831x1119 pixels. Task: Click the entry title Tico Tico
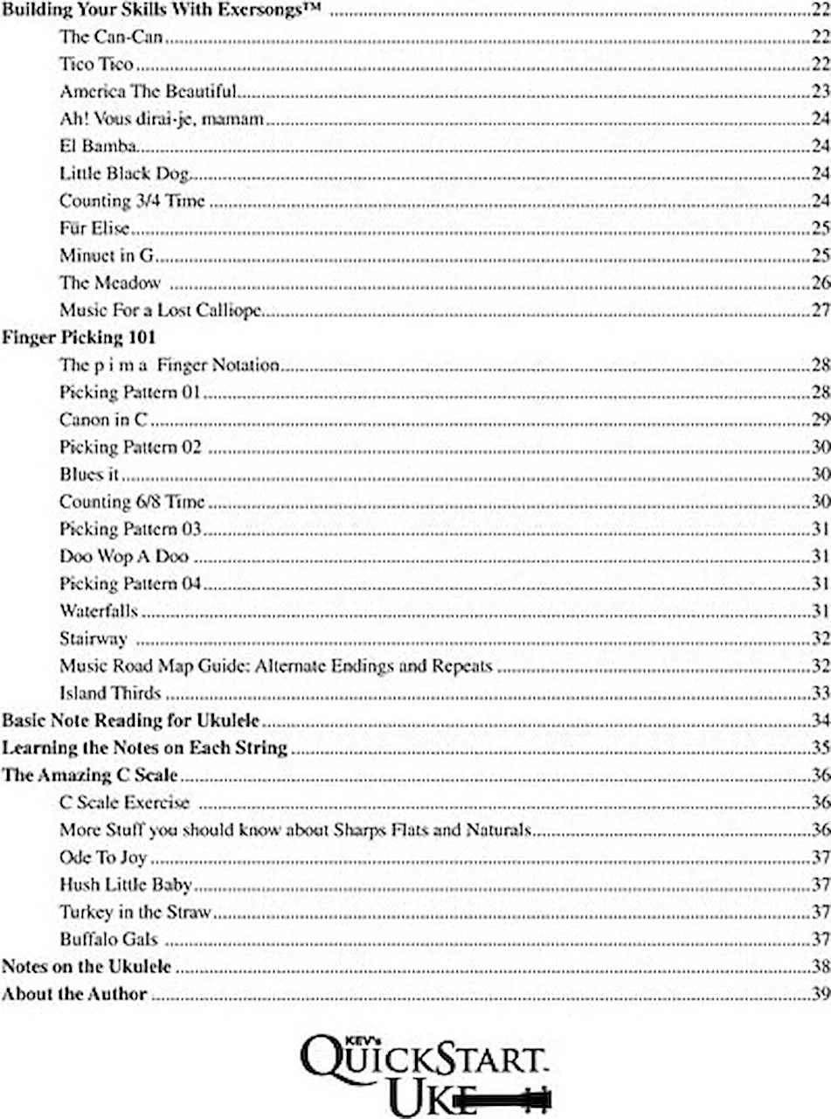pos(96,64)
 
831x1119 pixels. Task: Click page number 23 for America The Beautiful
pos(820,91)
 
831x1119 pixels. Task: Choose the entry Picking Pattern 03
pos(130,529)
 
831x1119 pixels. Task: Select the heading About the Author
pos(74,970)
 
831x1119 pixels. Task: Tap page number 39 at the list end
pos(820,970)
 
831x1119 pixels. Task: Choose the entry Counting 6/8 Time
pos(131,501)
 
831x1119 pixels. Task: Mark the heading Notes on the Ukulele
pos(87,942)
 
